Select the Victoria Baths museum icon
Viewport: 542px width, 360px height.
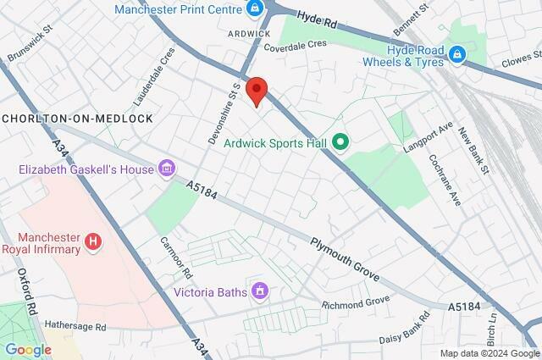click(x=260, y=292)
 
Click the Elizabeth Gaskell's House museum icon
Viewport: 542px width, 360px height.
click(x=167, y=169)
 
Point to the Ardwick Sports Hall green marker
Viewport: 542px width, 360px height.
click(x=340, y=142)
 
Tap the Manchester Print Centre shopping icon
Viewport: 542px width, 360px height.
click(x=254, y=9)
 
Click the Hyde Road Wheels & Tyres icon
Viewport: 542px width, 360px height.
click(x=457, y=55)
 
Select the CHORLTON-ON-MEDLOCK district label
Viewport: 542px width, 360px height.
click(x=78, y=119)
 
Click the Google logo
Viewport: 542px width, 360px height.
click(x=28, y=349)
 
